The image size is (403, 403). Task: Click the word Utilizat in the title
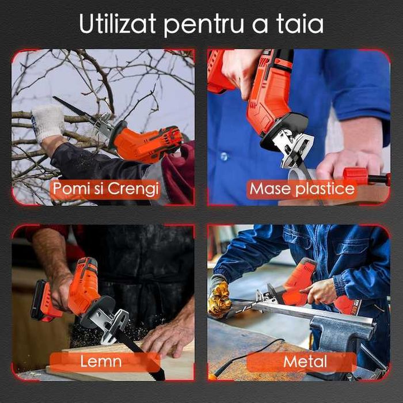(x=117, y=24)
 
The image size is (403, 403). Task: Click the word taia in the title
(x=299, y=24)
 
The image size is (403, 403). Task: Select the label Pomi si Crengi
(x=105, y=189)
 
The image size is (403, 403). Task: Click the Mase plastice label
(x=302, y=189)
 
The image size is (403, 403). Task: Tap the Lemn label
(x=101, y=361)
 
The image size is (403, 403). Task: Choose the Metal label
(x=305, y=362)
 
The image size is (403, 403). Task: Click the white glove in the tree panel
(x=48, y=122)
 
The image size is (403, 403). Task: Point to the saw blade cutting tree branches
(x=73, y=109)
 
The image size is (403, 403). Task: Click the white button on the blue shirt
(x=224, y=156)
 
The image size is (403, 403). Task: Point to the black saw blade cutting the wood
(x=140, y=353)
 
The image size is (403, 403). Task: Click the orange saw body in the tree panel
(x=146, y=144)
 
